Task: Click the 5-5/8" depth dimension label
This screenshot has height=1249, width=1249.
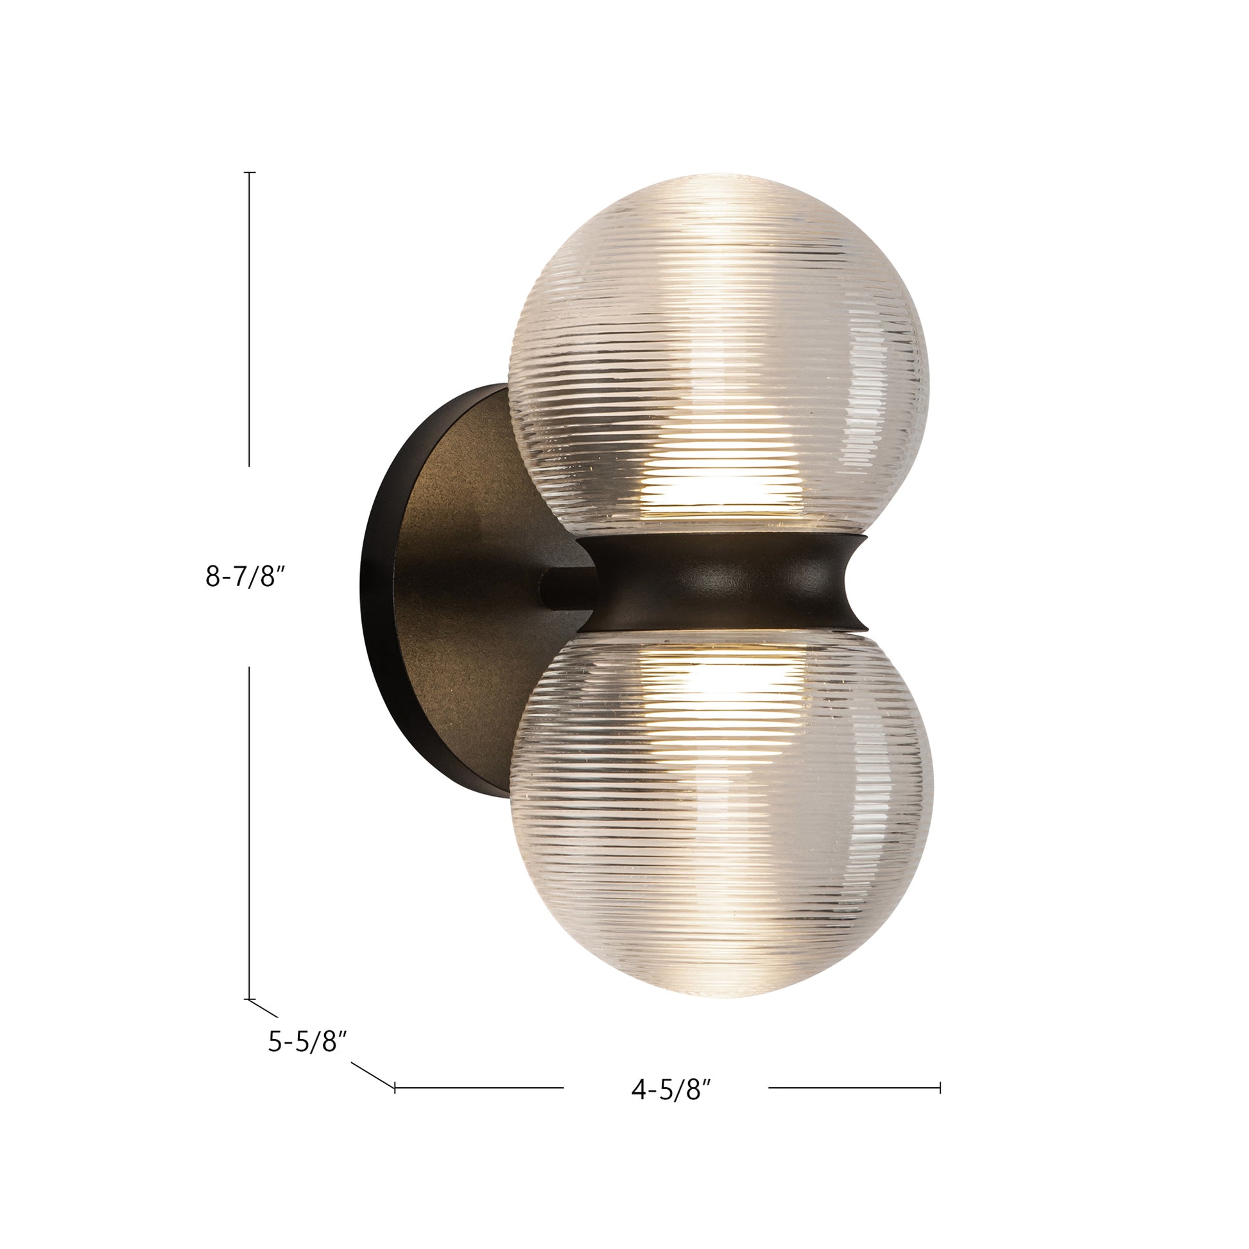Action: click(x=308, y=1042)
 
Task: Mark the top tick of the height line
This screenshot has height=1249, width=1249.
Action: click(x=250, y=173)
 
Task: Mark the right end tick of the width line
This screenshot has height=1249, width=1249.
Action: click(x=940, y=1087)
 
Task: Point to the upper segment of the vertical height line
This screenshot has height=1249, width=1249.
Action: click(x=250, y=323)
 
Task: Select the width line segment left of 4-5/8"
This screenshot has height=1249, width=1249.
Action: click(x=478, y=1087)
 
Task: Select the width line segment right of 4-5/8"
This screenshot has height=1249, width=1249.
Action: click(x=854, y=1087)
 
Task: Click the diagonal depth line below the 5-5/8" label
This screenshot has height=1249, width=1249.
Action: click(x=372, y=1074)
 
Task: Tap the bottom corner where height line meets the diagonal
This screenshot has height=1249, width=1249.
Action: click(x=250, y=999)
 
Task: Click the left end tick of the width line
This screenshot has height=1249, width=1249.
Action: click(x=395, y=1087)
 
